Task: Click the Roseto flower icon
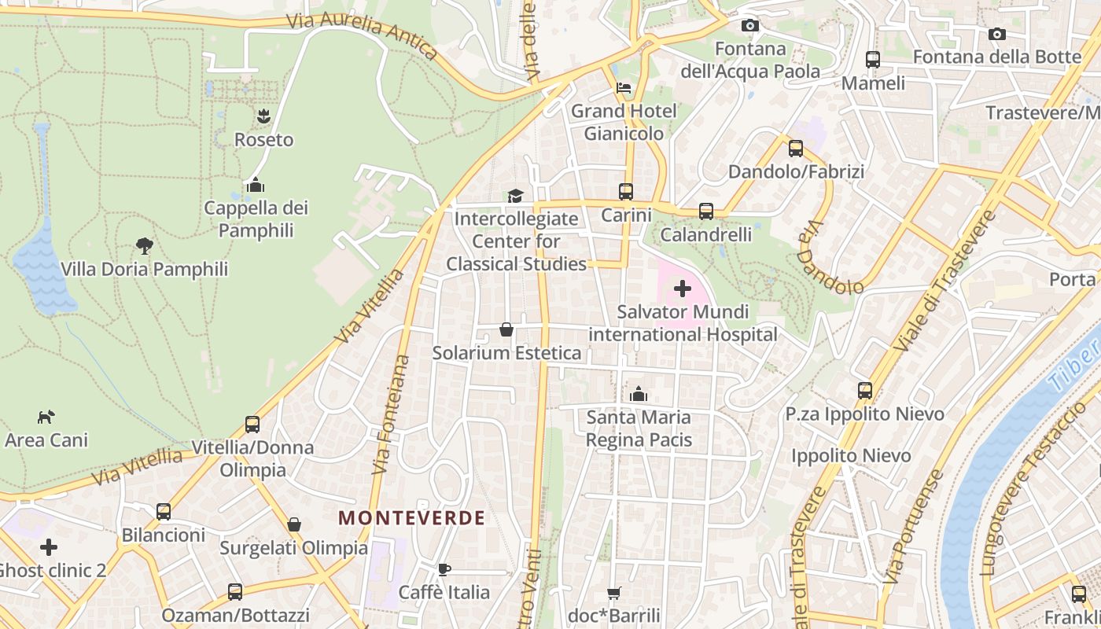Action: coord(263,116)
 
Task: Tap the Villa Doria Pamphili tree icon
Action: coord(144,245)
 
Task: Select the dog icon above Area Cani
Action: coord(46,416)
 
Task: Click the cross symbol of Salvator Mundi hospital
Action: coord(683,289)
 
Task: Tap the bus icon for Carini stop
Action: coord(626,191)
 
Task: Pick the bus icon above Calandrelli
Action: coord(706,211)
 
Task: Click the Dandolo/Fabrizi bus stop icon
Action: coord(796,148)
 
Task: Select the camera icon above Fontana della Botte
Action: coord(996,34)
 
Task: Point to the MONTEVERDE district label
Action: coord(411,517)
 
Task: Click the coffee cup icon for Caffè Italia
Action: coord(444,568)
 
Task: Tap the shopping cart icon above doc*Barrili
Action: coord(613,592)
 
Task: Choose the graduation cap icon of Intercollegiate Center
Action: coord(515,195)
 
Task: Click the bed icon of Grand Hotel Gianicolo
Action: coord(624,87)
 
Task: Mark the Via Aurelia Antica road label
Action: coord(361,35)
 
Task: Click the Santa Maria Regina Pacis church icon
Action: coord(639,393)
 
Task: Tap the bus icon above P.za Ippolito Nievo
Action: coord(865,390)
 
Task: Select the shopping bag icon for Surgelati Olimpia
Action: coord(294,524)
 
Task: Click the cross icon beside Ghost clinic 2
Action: coord(49,546)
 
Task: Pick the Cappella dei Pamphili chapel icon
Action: coord(255,186)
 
